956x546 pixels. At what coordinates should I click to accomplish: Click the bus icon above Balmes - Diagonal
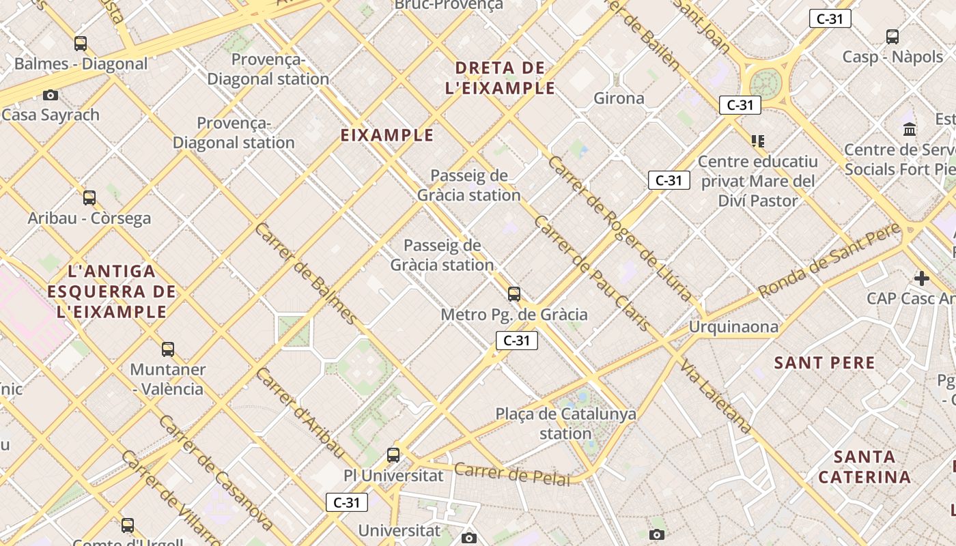[x=81, y=44]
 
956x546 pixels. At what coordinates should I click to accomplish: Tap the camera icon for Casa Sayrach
[x=50, y=95]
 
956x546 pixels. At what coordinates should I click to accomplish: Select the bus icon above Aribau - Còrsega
[x=89, y=198]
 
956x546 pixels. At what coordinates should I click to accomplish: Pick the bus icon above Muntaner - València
[x=168, y=349]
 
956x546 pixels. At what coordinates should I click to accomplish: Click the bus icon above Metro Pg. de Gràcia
[x=514, y=294]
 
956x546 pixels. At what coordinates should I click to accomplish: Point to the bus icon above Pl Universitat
[x=393, y=455]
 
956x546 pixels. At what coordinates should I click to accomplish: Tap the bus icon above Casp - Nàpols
[x=892, y=37]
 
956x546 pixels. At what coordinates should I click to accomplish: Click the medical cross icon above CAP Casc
[x=922, y=278]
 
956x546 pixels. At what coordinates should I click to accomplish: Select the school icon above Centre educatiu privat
[x=757, y=141]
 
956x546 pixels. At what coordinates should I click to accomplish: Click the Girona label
[x=619, y=98]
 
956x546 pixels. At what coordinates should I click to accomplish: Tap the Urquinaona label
[x=733, y=327]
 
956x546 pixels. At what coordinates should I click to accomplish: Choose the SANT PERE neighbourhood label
[x=824, y=363]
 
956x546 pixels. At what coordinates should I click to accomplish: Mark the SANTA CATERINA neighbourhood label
[x=864, y=467]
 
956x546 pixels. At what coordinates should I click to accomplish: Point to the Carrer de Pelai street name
[x=511, y=474]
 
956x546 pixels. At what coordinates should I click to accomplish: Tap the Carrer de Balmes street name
[x=305, y=273]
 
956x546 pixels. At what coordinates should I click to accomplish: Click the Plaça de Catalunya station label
[x=565, y=423]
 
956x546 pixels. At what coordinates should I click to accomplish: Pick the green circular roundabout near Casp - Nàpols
[x=765, y=84]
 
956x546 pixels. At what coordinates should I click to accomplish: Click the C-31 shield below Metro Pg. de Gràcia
[x=516, y=341]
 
